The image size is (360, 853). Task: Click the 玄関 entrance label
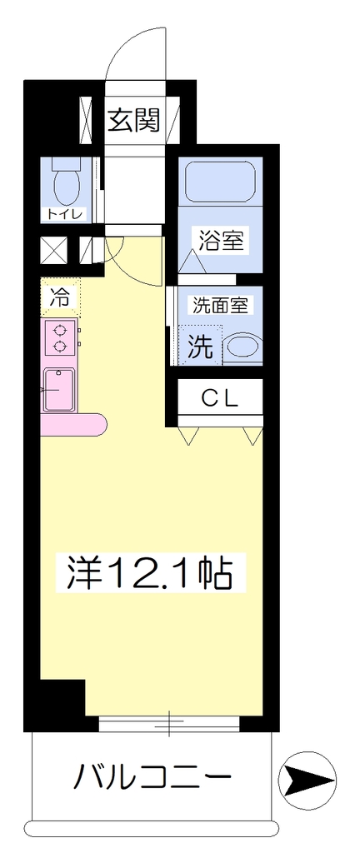point(133,120)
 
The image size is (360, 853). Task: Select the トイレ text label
point(65,215)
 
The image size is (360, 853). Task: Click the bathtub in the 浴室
point(221,181)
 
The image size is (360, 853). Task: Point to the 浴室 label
point(220,240)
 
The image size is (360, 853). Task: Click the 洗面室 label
point(220,306)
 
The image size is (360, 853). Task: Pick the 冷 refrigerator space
point(60,297)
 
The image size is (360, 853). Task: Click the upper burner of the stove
point(59,329)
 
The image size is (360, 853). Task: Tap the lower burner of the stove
point(59,345)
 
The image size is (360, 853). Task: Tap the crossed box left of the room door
point(54,250)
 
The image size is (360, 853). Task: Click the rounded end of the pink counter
point(97,422)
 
